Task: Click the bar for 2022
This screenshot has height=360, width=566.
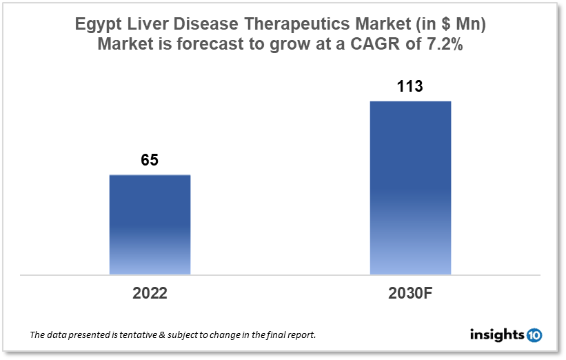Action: [150, 225]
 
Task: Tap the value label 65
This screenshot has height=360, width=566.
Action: [150, 161]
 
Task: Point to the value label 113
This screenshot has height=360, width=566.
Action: [410, 87]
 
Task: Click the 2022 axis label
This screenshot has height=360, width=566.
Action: [150, 293]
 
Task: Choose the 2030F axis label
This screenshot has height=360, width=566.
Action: [410, 293]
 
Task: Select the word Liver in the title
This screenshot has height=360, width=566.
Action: [143, 24]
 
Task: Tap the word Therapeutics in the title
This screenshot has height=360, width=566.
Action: [271, 24]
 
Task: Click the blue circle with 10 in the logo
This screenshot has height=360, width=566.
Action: [534, 335]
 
